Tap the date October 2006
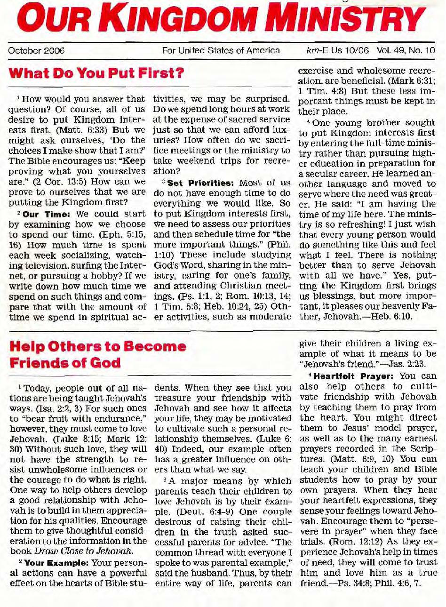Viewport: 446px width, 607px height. (x=36, y=50)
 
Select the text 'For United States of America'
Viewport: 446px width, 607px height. (x=221, y=50)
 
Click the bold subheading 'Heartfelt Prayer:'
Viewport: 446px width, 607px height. (x=348, y=376)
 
